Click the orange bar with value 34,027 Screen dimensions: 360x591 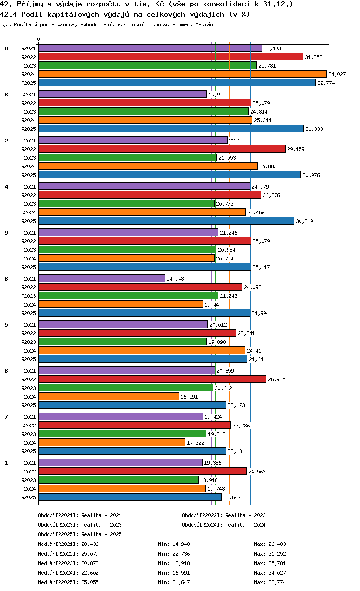point(182,74)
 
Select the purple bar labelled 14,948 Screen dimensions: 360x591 point(102,278)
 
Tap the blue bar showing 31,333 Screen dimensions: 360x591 point(171,129)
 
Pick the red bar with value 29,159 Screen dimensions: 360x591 point(162,149)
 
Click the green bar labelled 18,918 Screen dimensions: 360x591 point(119,480)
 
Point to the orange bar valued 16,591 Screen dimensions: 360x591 point(109,396)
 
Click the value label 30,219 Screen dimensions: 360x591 point(304,221)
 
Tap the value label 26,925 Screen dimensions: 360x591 point(276,379)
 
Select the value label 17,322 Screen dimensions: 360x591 point(195,443)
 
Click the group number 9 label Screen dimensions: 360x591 point(6,233)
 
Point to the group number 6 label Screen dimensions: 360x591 point(6,279)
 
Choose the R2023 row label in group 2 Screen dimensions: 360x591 point(28,158)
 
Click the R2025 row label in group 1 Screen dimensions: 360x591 point(28,497)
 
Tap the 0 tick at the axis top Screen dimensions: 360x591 point(39,39)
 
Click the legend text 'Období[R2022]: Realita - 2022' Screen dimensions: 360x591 point(224,515)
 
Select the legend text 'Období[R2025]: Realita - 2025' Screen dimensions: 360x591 point(80,534)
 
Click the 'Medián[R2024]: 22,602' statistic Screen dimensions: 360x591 point(68,573)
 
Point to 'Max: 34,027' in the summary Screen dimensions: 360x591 point(270,573)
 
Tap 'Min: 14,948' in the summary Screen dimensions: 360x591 point(174,544)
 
